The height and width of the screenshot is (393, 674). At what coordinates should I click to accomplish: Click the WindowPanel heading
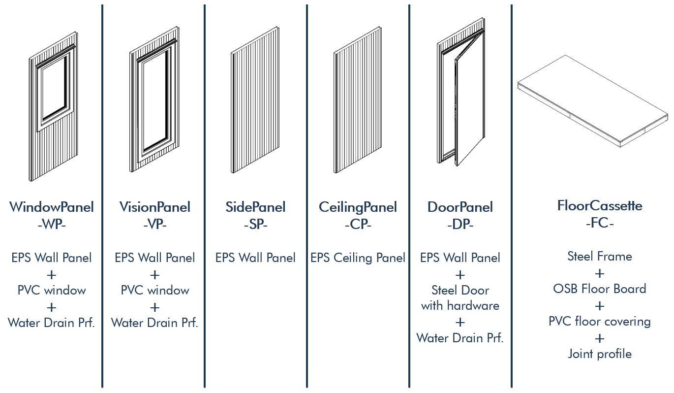point(52,207)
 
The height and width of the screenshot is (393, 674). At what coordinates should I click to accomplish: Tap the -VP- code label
point(154,224)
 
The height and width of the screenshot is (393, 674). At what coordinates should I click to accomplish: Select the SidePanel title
point(255,207)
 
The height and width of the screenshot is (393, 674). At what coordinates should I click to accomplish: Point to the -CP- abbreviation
point(358,224)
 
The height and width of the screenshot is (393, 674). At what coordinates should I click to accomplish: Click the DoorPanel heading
point(460,207)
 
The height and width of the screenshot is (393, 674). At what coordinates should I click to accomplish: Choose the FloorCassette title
point(600,206)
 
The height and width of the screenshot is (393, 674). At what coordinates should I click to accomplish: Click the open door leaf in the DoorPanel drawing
point(469,99)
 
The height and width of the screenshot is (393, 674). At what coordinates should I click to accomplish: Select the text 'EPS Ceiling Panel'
point(358,258)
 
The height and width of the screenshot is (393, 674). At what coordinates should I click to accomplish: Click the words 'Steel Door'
point(460,290)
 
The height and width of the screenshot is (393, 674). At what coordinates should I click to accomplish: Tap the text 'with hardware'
point(460,306)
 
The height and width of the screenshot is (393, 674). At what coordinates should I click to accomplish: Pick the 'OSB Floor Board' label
point(600,289)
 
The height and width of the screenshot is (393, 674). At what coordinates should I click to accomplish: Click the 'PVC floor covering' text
point(600,321)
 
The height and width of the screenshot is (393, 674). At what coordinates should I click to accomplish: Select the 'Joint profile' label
point(600,354)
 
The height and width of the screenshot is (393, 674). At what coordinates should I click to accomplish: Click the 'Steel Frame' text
point(600,256)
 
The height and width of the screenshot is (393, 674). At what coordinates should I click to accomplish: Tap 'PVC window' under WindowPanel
point(52,290)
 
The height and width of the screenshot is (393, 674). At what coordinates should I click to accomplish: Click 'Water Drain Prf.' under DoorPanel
point(460,338)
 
